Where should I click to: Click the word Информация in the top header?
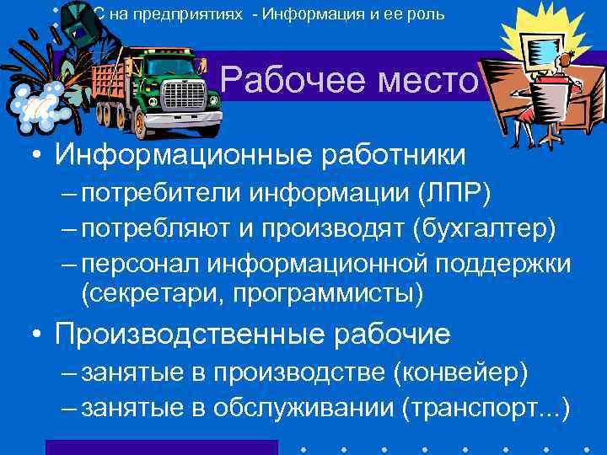pos(320,15)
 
